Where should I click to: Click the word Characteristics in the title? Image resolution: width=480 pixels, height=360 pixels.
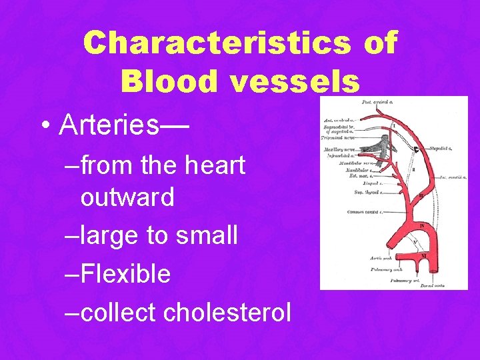(217, 43)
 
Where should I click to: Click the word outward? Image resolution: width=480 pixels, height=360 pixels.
(127, 197)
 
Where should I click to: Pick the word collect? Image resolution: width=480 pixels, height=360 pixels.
(117, 311)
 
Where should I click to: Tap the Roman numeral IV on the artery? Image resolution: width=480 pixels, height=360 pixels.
(421, 226)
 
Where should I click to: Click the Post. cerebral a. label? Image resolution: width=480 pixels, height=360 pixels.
(376, 102)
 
